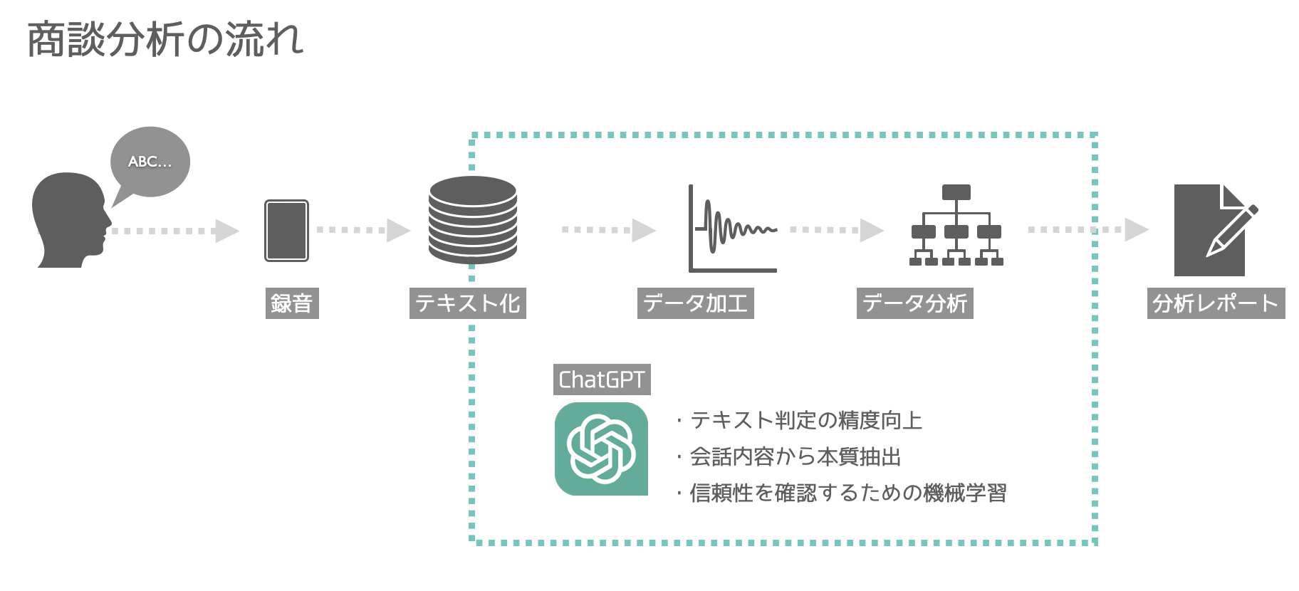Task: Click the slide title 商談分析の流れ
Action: pyautogui.click(x=165, y=40)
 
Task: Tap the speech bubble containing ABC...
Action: pyautogui.click(x=150, y=161)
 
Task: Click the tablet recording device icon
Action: pyautogui.click(x=286, y=231)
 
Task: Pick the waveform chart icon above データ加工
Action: pyautogui.click(x=732, y=229)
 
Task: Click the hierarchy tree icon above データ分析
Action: pyautogui.click(x=956, y=226)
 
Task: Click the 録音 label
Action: pyautogui.click(x=292, y=304)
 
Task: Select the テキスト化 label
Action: pyautogui.click(x=468, y=304)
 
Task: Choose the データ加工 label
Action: pyautogui.click(x=695, y=304)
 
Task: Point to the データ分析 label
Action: pyautogui.click(x=914, y=304)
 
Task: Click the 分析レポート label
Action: pyautogui.click(x=1216, y=304)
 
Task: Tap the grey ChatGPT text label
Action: pyautogui.click(x=602, y=380)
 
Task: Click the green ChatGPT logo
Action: pyautogui.click(x=601, y=449)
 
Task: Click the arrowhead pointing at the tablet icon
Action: pyautogui.click(x=227, y=231)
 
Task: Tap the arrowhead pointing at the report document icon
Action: pyautogui.click(x=1136, y=229)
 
